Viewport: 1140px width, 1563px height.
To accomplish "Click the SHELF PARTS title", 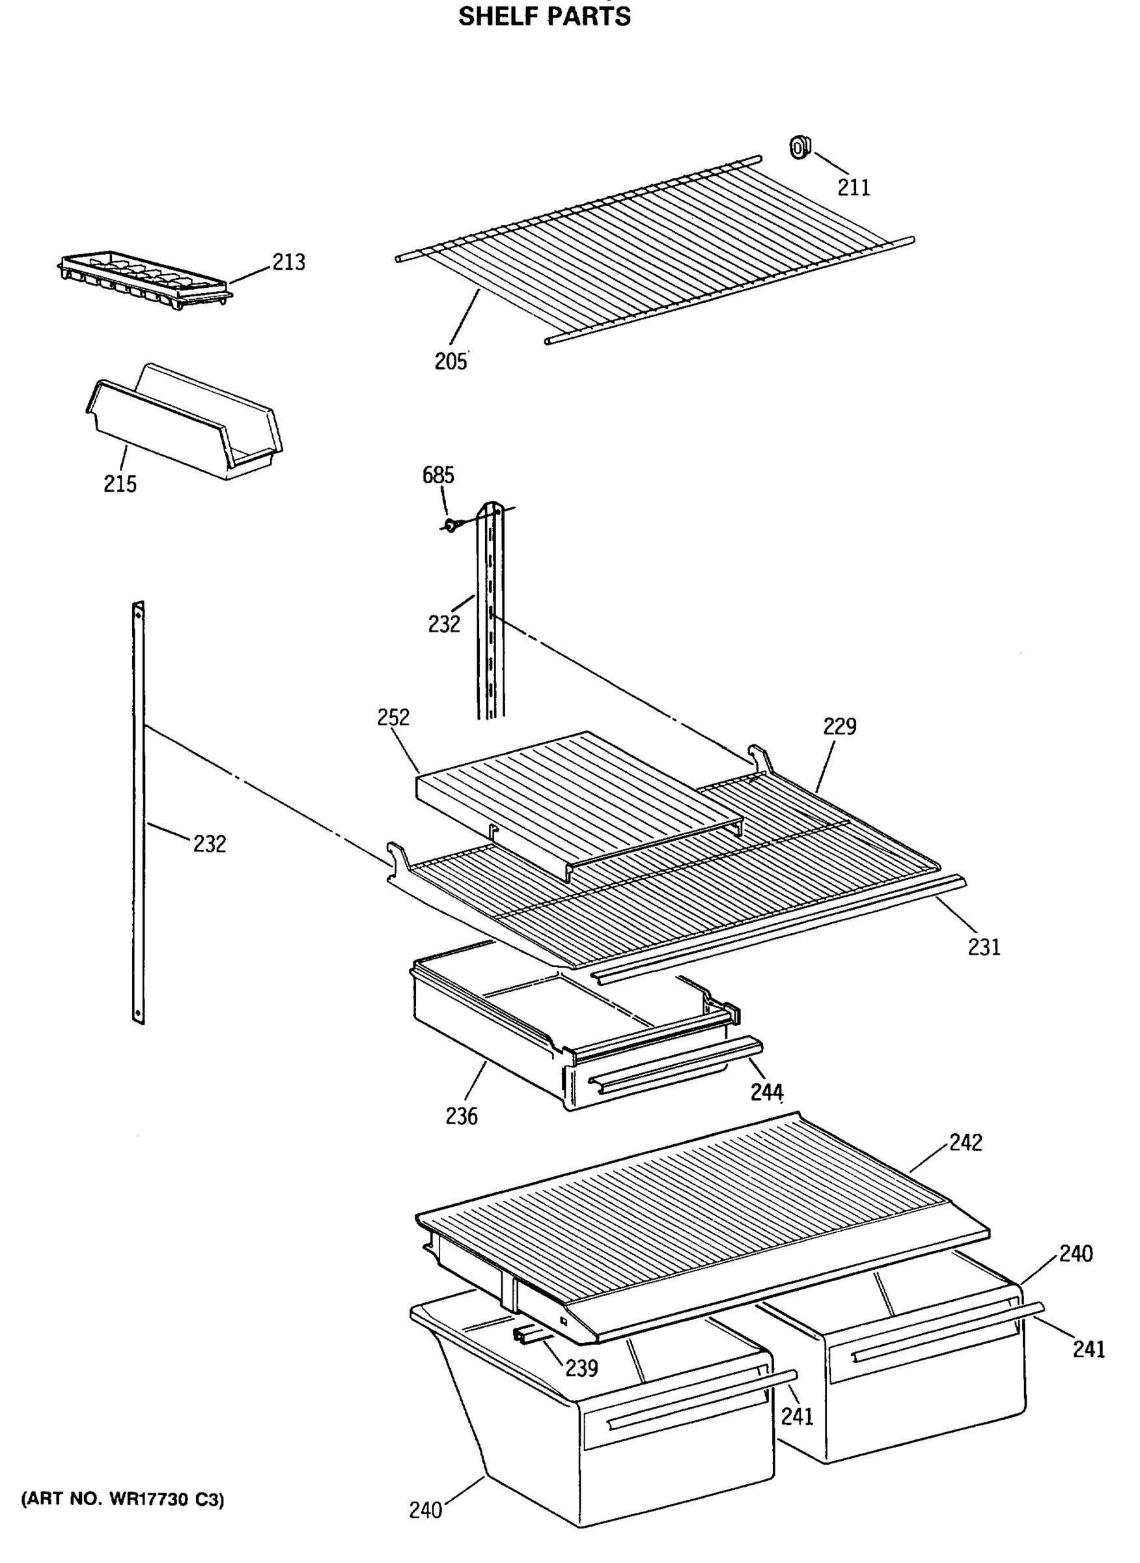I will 544,16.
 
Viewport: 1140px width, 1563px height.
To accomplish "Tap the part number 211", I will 854,188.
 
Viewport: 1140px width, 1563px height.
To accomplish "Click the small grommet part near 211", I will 799,147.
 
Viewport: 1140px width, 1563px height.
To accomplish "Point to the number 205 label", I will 450,361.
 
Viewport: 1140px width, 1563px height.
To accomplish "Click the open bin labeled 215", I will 185,422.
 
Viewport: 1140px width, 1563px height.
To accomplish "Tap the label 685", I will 438,475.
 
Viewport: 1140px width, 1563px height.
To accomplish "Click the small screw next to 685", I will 450,526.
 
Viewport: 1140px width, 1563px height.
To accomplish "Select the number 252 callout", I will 393,717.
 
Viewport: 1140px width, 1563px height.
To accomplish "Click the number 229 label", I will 839,726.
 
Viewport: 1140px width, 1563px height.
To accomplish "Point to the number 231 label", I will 983,947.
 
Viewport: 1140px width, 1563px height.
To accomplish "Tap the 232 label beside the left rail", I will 209,843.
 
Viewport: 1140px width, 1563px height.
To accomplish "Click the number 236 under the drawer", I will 461,1116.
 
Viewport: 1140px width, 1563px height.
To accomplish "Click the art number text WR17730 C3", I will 123,1499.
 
